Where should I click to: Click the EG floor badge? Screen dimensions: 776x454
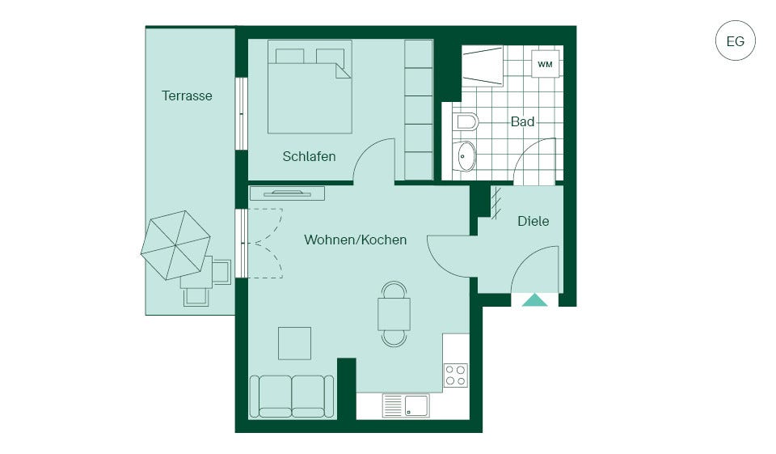735,40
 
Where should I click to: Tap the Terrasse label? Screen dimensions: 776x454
187,95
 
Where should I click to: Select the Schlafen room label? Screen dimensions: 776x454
309,156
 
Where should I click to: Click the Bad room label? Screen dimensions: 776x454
522,121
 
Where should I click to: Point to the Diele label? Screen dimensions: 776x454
533,221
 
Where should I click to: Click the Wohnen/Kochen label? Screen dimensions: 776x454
356,240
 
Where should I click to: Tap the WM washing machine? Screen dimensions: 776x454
545,64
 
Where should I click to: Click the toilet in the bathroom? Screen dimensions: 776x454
466,121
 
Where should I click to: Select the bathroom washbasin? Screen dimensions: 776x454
464,156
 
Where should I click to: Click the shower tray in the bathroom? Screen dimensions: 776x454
483,66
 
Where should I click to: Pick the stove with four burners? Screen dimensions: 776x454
456,376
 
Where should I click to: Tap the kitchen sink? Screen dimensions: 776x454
406,405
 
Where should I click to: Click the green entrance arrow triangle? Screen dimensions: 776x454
534,300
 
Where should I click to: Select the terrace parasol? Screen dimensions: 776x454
175,245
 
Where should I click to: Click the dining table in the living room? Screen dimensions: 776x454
394,314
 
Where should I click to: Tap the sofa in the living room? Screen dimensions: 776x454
292,397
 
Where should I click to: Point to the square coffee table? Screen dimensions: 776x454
294,343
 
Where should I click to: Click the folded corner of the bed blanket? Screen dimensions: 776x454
343,70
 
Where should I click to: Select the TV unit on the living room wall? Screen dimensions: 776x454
287,193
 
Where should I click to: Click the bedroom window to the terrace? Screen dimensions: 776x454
241,113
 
